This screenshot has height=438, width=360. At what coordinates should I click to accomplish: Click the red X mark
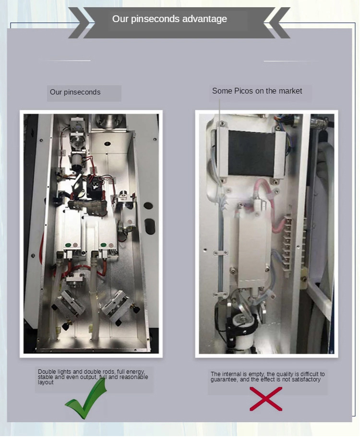pos(266,399)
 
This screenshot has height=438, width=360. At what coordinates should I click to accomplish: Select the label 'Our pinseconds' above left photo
pos(75,92)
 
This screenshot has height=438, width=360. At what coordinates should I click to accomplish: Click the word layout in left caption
pos(46,382)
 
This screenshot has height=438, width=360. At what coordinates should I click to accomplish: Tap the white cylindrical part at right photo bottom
pos(243,333)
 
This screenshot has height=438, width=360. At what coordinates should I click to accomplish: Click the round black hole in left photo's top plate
pos(108,143)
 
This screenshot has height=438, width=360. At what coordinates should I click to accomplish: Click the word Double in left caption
pos(47,372)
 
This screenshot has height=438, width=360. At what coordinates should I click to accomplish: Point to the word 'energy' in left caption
pos(135,372)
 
